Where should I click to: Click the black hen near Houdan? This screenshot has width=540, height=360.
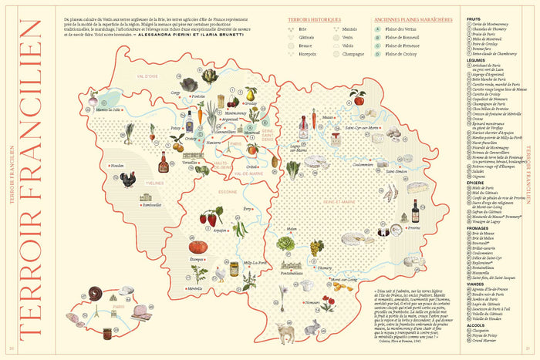click(127, 179)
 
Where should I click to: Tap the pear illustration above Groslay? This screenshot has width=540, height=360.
click(250, 95)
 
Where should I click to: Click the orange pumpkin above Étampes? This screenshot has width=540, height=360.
click(198, 248)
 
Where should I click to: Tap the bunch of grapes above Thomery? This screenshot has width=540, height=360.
click(317, 247)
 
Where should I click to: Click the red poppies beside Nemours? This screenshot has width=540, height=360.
click(328, 303)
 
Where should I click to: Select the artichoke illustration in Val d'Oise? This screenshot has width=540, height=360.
click(209, 76)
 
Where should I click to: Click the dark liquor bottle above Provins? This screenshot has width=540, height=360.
click(415, 210)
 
